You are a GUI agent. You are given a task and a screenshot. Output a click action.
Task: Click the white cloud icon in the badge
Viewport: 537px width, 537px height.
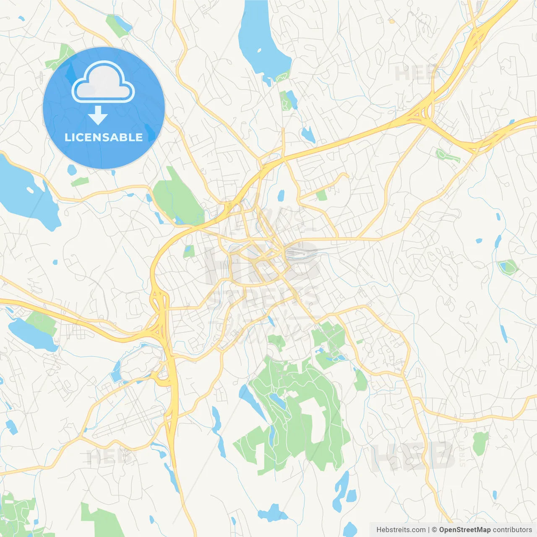pyautogui.click(x=103, y=82)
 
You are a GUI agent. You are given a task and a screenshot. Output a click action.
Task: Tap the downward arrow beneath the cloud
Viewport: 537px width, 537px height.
pyautogui.click(x=98, y=115)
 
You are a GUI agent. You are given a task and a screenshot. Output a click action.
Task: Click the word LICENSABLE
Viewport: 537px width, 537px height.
pyautogui.click(x=104, y=137)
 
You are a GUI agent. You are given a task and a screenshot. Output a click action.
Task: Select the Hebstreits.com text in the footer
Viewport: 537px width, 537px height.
pyautogui.click(x=401, y=530)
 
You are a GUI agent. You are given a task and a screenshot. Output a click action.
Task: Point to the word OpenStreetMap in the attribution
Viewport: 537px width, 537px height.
pyautogui.click(x=464, y=530)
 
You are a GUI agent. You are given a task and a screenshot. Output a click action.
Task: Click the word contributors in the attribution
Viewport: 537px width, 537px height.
pyautogui.click(x=512, y=530)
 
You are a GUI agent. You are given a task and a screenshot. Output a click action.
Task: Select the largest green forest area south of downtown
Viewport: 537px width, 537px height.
pyautogui.click(x=294, y=415)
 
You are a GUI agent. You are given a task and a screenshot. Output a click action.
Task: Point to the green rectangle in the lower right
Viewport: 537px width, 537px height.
pyautogui.click(x=480, y=443)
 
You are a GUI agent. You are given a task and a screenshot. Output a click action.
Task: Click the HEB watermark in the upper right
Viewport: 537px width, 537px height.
pyautogui.click(x=415, y=74)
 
